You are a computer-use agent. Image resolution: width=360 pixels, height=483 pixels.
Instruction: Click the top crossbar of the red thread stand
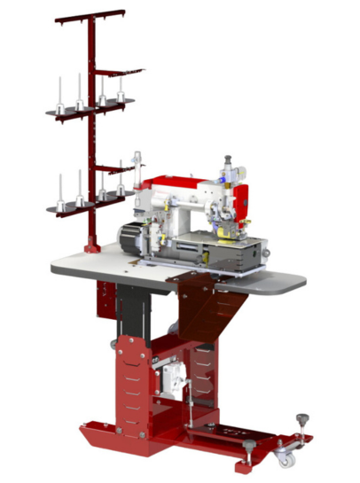89,16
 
